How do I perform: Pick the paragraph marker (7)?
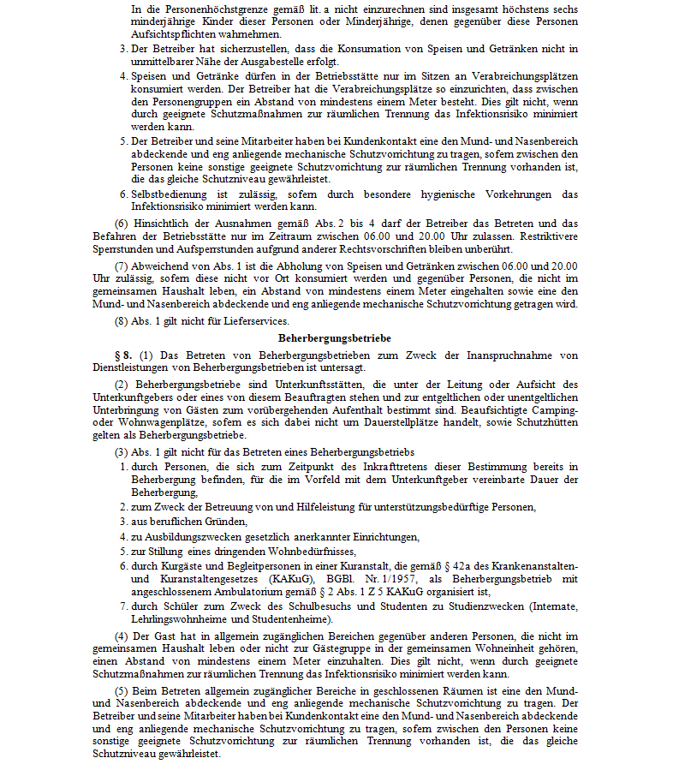coord(122,266)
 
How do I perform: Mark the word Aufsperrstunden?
coord(186,248)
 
